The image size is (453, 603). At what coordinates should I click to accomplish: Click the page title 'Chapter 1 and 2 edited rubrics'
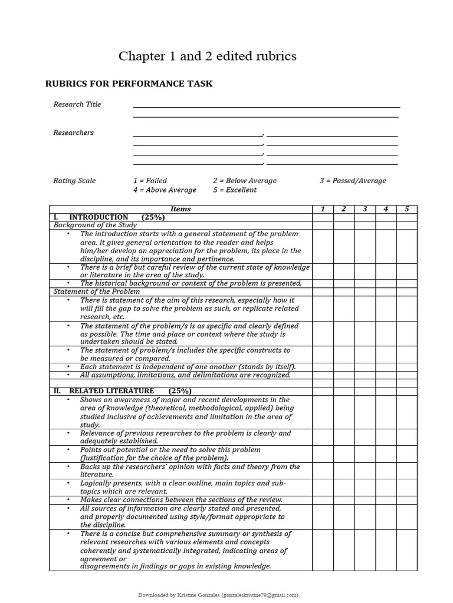click(207, 56)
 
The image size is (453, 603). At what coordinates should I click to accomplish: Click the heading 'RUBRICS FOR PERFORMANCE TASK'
click(129, 84)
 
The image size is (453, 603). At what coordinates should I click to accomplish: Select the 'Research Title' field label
click(77, 104)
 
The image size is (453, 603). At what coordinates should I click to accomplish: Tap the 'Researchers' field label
click(73, 132)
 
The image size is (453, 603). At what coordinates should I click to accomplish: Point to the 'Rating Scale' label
click(74, 181)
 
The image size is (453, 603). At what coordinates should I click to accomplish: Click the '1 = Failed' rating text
click(150, 181)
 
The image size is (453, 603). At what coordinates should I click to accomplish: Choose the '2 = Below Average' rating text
click(244, 181)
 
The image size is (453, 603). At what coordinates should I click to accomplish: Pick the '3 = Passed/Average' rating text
click(353, 181)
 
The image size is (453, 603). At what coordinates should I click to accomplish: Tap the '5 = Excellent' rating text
click(235, 190)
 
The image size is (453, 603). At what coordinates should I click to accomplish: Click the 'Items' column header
click(180, 209)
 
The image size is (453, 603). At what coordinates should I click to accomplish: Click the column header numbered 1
click(323, 209)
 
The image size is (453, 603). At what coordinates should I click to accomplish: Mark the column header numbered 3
click(365, 209)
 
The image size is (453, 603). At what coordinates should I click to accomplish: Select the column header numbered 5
click(406, 209)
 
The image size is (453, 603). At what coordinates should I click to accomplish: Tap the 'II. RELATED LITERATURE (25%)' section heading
click(123, 391)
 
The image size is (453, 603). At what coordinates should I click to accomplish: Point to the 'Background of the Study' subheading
click(95, 225)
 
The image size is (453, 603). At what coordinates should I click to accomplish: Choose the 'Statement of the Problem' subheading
click(97, 291)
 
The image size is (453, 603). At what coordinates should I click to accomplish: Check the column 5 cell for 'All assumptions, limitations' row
click(406, 375)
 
